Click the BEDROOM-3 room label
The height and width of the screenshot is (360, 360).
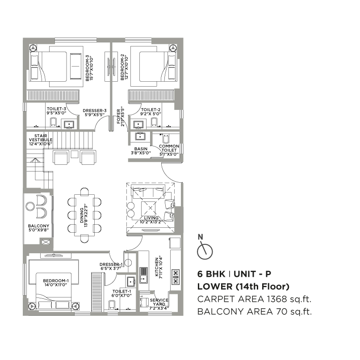click(x=89, y=68)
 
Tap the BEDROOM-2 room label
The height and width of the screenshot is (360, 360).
click(x=124, y=67)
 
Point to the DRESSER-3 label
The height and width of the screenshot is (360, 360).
click(x=95, y=113)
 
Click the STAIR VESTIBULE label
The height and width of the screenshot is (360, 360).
click(x=41, y=140)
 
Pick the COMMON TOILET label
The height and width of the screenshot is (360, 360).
click(x=169, y=150)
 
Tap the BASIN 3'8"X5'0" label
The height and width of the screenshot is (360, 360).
click(x=141, y=151)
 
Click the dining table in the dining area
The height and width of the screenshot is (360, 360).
click(x=84, y=215)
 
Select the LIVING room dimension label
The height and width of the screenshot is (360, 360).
click(x=151, y=220)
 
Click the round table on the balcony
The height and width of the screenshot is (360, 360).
click(x=30, y=206)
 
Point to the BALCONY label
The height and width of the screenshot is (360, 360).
click(x=38, y=228)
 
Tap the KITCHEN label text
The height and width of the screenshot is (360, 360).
click(x=157, y=267)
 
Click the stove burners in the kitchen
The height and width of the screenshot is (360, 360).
click(x=176, y=277)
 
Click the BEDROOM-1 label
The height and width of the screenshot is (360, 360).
click(x=56, y=283)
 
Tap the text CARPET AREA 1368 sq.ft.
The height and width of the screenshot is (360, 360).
click(x=254, y=299)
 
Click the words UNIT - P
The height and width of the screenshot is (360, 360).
click(x=252, y=274)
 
